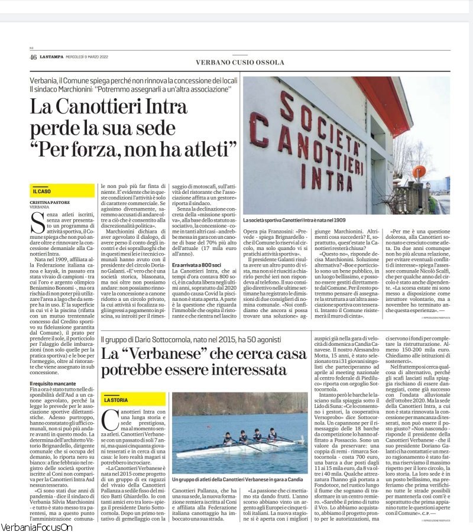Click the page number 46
tap(33, 57)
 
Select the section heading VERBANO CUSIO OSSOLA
tap(239, 62)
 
